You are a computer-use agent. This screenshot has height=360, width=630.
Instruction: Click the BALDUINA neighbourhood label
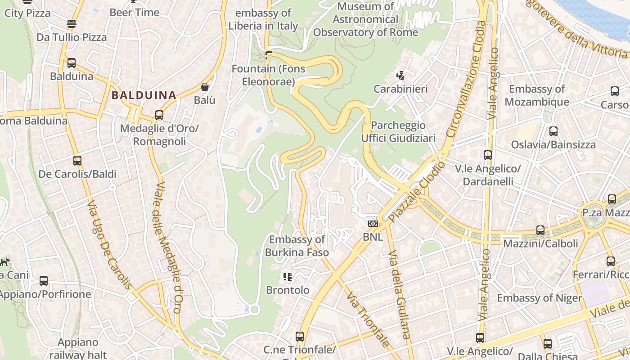pyautogui.click(x=144, y=95)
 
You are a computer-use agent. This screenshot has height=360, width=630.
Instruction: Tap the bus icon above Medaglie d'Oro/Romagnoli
pyautogui.click(x=159, y=115)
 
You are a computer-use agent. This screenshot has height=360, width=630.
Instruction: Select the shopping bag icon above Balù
pyautogui.click(x=205, y=87)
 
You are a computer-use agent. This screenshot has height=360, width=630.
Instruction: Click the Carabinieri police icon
pyautogui.click(x=400, y=76)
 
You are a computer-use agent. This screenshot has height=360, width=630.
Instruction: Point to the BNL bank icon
pyautogui.click(x=373, y=224)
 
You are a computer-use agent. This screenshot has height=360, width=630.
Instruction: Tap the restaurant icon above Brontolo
pyautogui.click(x=288, y=276)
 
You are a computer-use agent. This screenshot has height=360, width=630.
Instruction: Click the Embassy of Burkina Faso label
pyautogui.click(x=297, y=246)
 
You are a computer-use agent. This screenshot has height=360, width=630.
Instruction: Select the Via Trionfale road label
pyautogui.click(x=368, y=319)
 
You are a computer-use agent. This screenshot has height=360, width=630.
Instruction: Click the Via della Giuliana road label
pyautogui.click(x=399, y=294)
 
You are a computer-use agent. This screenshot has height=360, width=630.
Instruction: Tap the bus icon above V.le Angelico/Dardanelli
pyautogui.click(x=488, y=155)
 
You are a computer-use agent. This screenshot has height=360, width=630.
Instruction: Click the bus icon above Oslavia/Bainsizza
pyautogui.click(x=553, y=131)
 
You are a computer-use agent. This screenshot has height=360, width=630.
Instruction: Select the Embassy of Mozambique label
pyautogui.click(x=536, y=95)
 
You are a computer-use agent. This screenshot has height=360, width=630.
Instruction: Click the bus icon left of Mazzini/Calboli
pyautogui.click(x=540, y=230)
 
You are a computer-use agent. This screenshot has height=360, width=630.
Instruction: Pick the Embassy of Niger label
pyautogui.click(x=539, y=298)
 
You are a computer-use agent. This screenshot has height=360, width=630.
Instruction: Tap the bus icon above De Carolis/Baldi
pyautogui.click(x=77, y=161)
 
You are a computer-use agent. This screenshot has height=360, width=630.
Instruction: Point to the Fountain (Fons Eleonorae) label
pyautogui.click(x=268, y=75)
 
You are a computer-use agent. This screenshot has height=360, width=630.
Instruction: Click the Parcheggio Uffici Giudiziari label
pyautogui.click(x=398, y=131)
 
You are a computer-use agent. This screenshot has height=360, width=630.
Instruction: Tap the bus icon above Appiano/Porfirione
pyautogui.click(x=44, y=281)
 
